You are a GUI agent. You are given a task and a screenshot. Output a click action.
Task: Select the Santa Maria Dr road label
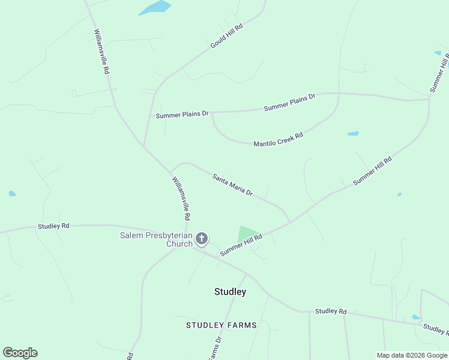point(232,185)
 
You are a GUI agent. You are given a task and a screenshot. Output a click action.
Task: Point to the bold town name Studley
point(230,292)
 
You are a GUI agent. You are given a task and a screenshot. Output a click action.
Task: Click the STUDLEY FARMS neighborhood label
point(221,325)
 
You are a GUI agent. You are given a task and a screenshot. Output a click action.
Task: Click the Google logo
point(20,353)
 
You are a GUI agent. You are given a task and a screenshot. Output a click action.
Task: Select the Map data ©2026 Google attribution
point(412,355)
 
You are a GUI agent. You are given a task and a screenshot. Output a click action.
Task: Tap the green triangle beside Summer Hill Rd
point(247,234)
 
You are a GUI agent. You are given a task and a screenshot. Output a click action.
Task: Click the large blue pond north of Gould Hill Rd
point(155,8)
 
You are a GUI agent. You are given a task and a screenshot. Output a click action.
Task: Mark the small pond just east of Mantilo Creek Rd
point(353,133)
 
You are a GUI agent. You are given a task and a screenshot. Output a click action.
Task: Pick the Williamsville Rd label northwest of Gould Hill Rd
point(101,52)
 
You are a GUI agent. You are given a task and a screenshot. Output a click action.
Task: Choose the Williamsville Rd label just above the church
point(181,197)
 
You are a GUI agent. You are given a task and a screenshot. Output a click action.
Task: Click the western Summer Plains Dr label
point(182,114)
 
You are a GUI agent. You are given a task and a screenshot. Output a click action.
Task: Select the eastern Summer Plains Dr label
point(289,103)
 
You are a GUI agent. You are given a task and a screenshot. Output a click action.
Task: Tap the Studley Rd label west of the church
point(53,226)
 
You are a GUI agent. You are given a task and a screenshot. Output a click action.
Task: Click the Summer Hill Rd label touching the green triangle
point(241,245)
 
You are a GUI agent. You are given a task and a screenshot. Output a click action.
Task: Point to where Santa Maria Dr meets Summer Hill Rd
point(290,222)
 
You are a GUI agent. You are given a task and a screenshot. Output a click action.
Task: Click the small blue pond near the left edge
point(12,193)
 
